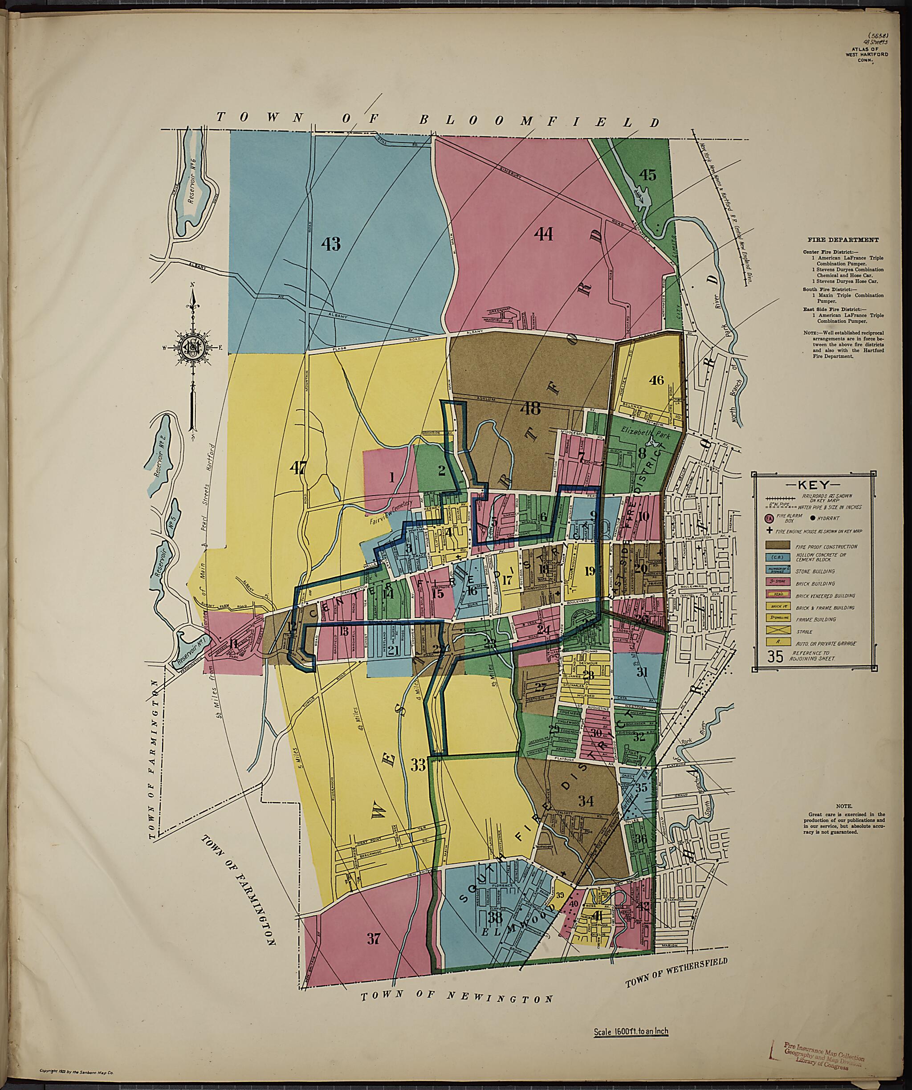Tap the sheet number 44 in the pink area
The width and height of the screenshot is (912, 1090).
543,235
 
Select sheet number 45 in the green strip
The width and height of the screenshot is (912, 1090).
647,175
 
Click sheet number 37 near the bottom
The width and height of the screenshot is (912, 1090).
374,939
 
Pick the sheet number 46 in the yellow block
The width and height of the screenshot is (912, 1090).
656,380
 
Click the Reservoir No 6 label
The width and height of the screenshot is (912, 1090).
192,194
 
